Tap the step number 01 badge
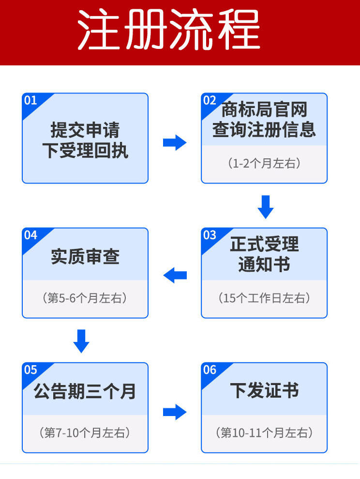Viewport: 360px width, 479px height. click(30, 100)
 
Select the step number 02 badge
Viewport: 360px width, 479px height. click(210, 100)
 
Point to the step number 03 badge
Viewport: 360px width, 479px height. click(210, 235)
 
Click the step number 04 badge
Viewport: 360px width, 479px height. click(30, 235)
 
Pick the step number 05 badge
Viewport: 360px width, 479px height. click(30, 370)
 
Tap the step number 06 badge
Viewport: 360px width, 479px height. click(210, 370)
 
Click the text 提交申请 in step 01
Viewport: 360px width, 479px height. click(85, 130)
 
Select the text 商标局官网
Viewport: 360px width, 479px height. click(264, 110)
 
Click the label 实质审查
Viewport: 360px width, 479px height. click(85, 256)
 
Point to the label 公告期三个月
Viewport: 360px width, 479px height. click(85, 391)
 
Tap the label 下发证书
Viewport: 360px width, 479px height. click(264, 391)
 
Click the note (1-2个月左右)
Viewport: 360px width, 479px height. click(264, 163)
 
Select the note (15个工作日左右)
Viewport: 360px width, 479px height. click(264, 298)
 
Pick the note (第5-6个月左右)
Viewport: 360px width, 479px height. click(85, 298)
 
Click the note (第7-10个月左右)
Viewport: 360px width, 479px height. click(85, 433)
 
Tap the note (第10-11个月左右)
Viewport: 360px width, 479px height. click(264, 433)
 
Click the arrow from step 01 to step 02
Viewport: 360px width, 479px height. click(175, 142)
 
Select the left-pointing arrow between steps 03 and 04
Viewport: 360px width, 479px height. click(175, 276)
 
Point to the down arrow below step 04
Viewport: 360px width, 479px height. click(81, 340)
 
